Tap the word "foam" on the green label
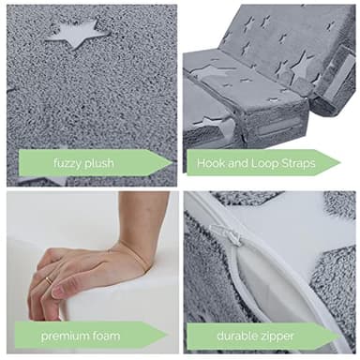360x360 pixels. tap(112, 334)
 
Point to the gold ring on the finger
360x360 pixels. tap(49, 278)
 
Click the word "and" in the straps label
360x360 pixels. tap(238, 162)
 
